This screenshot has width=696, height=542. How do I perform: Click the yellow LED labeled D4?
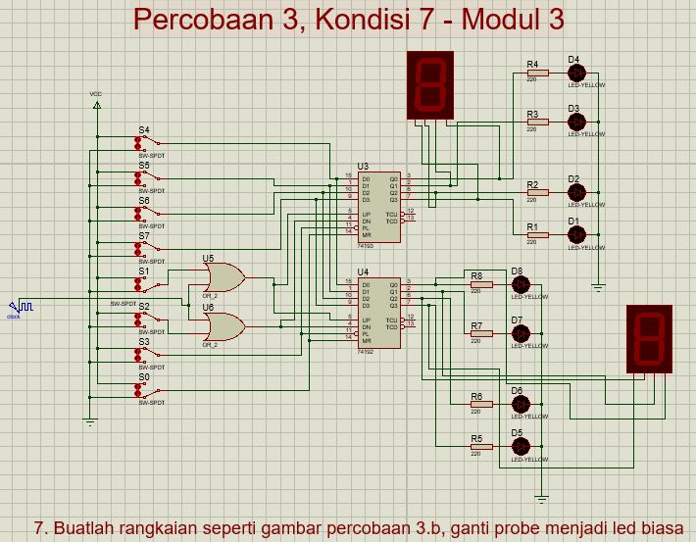[576, 74]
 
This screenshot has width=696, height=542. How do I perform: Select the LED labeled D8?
[520, 284]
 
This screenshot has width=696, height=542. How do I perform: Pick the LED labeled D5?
[520, 446]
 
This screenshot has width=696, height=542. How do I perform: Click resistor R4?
[533, 74]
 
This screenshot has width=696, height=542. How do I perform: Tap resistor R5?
[477, 446]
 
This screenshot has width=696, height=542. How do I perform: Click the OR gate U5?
[224, 278]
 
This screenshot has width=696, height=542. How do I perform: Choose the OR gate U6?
[224, 325]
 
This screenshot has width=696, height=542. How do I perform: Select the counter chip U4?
[377, 312]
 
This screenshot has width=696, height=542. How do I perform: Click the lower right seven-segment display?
[649, 338]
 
